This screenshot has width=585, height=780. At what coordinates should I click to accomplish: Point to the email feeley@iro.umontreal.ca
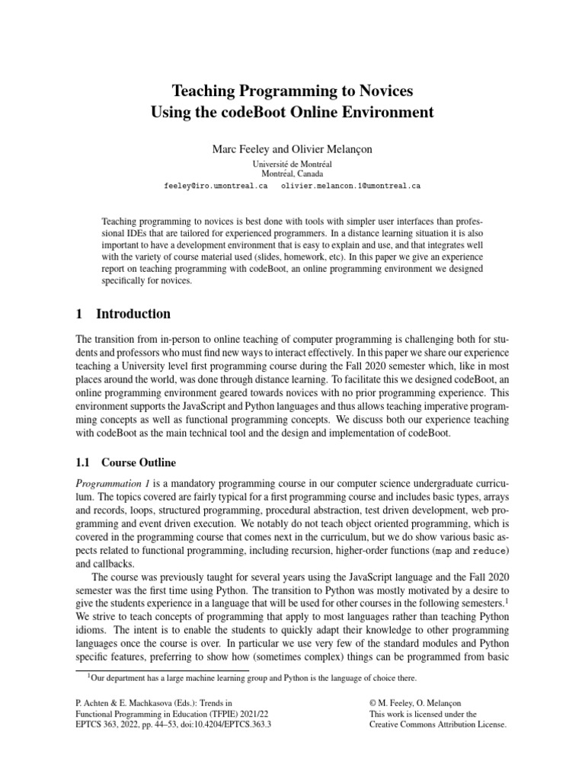(216, 185)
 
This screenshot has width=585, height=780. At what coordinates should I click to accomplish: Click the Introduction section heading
(133, 314)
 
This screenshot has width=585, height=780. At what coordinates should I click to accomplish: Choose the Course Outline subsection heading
(139, 462)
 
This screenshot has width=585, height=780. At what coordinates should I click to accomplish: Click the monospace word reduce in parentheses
(487, 549)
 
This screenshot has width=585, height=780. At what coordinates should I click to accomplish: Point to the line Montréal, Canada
(292, 174)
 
